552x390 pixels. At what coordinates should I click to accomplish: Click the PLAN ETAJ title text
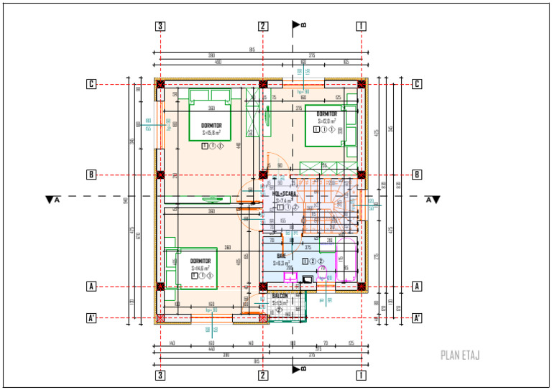pos(459,355)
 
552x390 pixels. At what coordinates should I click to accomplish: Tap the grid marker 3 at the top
pos(160,27)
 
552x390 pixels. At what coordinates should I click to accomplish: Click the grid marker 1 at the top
pos(361,27)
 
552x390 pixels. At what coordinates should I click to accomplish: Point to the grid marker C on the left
pos(91,84)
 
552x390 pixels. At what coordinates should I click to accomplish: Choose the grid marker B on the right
pos(417,175)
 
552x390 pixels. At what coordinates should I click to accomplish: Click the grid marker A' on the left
pos(91,317)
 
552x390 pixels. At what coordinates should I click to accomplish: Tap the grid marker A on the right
pos(417,286)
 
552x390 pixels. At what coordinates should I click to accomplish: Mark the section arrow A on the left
pos(51,199)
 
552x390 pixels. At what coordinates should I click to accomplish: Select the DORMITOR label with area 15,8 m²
pos(211,125)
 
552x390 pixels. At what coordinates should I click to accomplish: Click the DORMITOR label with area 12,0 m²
pos(327,114)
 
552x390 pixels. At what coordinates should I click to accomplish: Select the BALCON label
pos(280,295)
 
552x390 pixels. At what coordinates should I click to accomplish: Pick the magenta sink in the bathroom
pos(290,274)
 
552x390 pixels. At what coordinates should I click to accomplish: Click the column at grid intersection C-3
pos(161,84)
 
